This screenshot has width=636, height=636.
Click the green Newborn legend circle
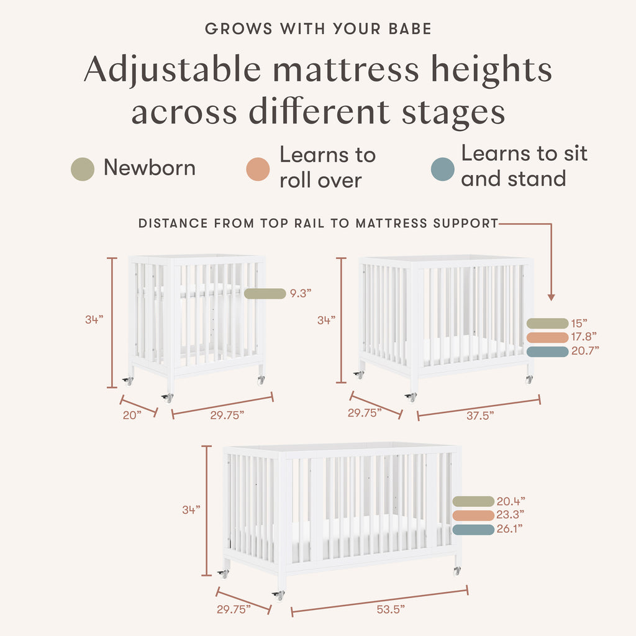coord(83,169)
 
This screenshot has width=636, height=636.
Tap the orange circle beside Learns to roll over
coord(258,169)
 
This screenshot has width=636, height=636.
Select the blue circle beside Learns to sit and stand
coord(442,169)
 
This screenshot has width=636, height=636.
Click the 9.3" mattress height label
coord(301,293)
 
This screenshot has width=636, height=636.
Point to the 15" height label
coord(579,324)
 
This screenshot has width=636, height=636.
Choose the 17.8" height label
coord(584,337)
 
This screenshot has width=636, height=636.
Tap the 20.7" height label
coord(585,351)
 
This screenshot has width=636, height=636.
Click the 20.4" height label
coord(511,501)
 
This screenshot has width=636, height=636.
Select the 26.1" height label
coord(510,529)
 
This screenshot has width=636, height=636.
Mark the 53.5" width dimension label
coord(391,610)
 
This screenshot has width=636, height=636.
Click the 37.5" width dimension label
coord(480,416)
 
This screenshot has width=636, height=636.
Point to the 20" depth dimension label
coord(132,416)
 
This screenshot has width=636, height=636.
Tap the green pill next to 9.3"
coord(265,293)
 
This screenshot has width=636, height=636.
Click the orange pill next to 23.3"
coord(473,516)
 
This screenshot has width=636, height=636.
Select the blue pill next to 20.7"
coord(548,352)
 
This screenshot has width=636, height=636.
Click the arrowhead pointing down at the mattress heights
coord(551,298)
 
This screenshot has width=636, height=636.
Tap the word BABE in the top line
coord(410,29)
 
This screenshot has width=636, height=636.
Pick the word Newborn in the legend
coord(150,168)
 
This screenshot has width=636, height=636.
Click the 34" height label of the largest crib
coord(191,510)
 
